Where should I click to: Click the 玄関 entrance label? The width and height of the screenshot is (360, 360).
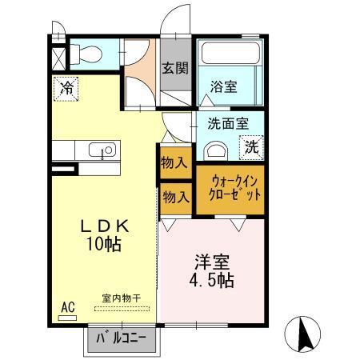point(175,69)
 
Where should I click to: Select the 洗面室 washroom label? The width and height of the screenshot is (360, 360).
point(228,123)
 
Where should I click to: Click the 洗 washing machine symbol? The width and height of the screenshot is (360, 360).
point(252,146)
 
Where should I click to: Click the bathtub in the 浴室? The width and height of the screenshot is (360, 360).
point(231,55)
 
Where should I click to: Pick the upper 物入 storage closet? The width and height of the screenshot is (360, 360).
point(174,163)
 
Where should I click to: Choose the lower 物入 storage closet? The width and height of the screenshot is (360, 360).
point(174,195)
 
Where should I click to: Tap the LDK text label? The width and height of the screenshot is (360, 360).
point(105,226)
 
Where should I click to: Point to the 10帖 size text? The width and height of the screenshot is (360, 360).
point(105,245)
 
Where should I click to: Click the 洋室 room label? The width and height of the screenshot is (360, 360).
point(212,262)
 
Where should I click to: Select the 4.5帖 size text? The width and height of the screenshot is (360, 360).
point(212,281)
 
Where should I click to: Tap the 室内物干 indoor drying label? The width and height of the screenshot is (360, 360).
point(122,299)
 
